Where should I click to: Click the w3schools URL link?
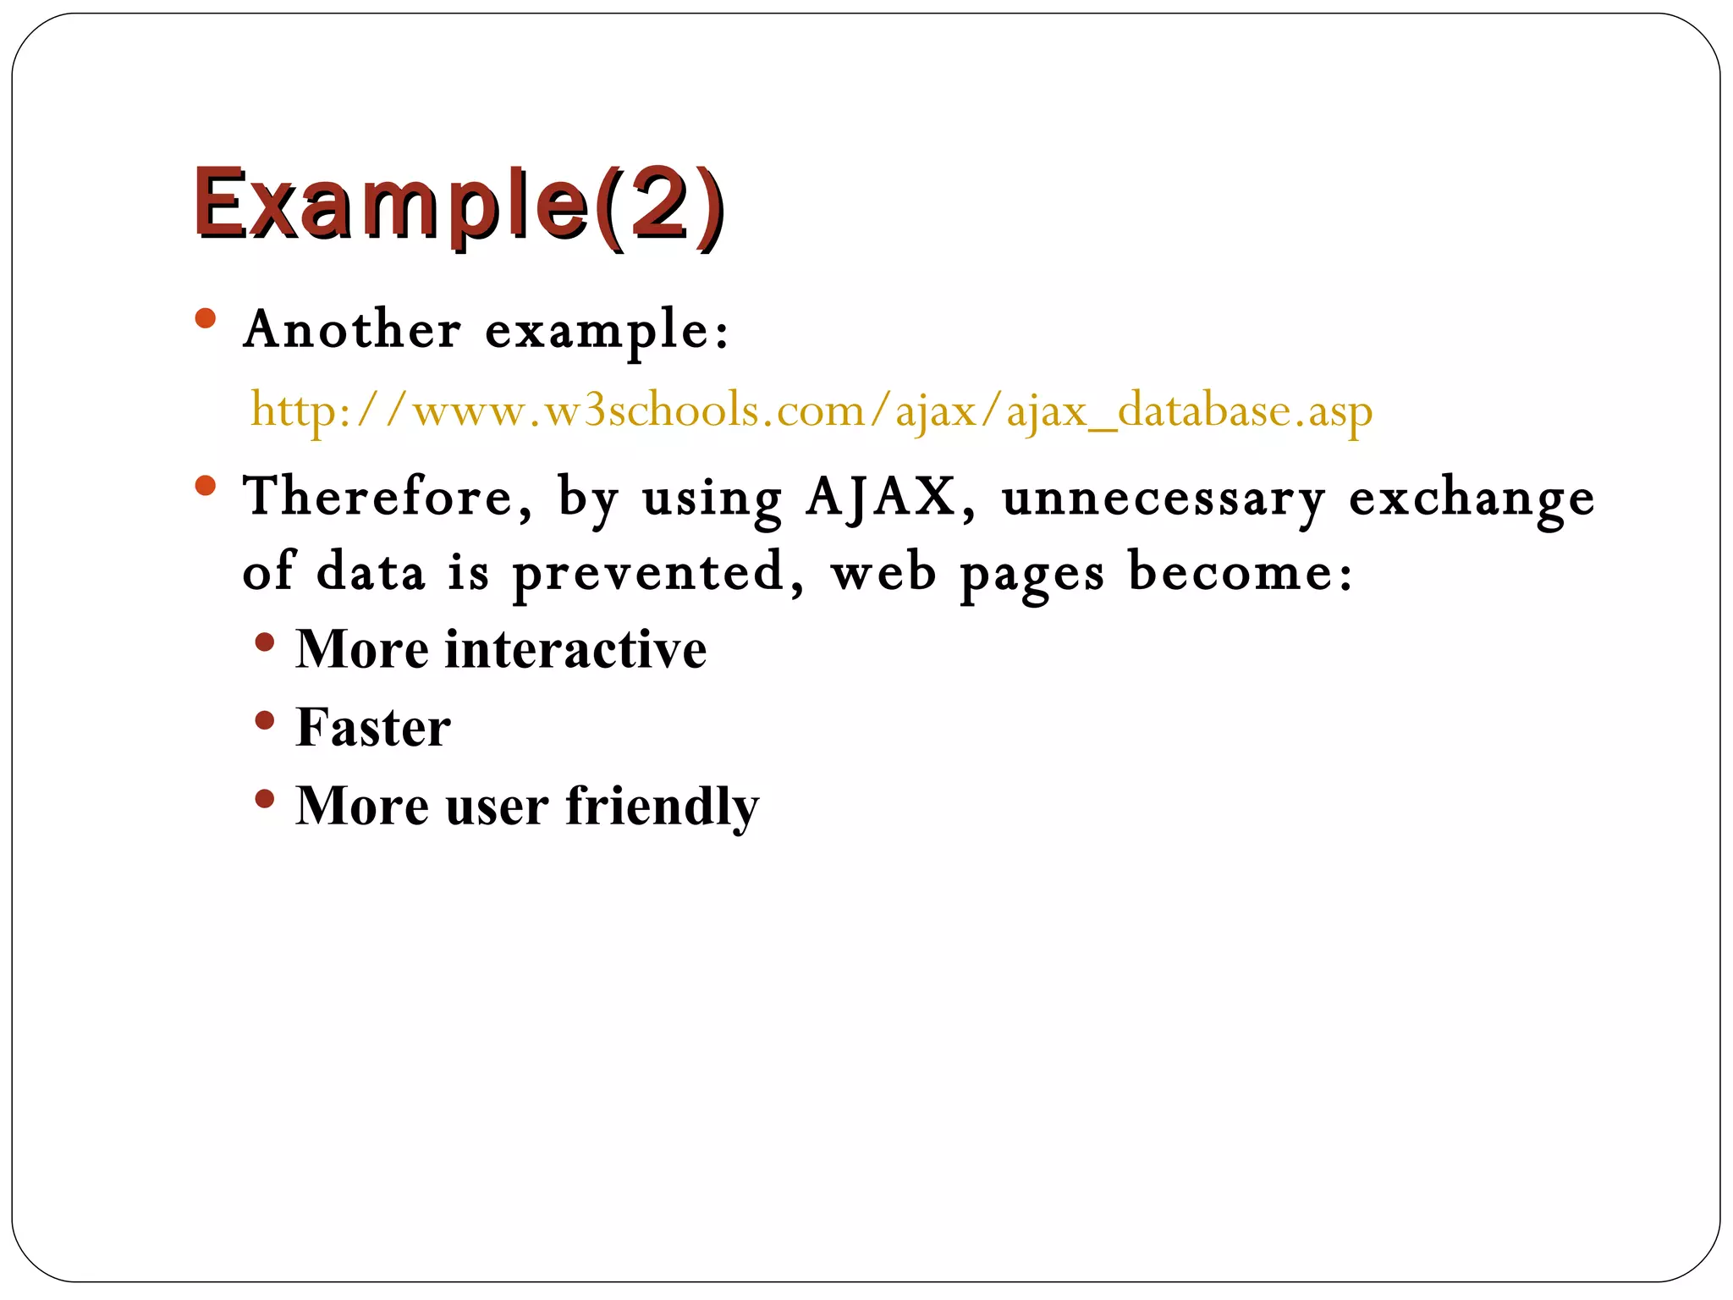pos(811,411)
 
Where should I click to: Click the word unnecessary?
pos(1164,498)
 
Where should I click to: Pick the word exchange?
pos(1471,498)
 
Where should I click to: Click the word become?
pos(1240,572)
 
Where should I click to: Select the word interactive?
pos(575,650)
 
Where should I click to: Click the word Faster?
pos(373,727)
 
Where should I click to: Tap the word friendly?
pos(662,806)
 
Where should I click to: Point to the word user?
pos(497,806)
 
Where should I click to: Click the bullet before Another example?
pos(206,319)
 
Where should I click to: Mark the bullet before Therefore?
pos(206,486)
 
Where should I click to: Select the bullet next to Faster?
pos(265,720)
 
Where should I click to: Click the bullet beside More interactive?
pos(265,642)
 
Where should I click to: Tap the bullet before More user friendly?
pos(265,798)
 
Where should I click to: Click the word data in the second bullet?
pos(370,572)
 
